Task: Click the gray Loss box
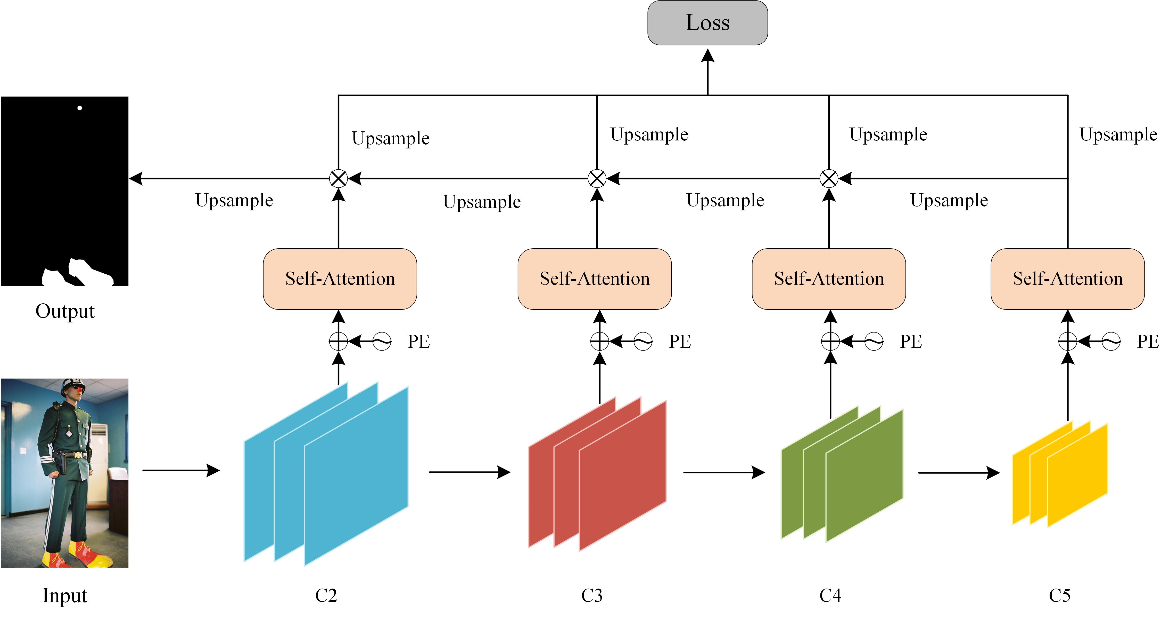(x=707, y=23)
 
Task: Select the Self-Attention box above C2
(x=340, y=279)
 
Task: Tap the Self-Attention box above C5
(x=1067, y=279)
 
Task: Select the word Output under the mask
(x=65, y=311)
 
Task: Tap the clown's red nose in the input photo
(x=80, y=390)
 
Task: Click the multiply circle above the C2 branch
(x=338, y=179)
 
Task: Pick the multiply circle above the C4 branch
(x=829, y=179)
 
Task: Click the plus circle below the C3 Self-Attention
(x=599, y=341)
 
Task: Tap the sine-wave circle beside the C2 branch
(x=382, y=341)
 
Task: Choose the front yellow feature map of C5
(x=1077, y=475)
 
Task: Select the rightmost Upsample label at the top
(x=1118, y=134)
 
